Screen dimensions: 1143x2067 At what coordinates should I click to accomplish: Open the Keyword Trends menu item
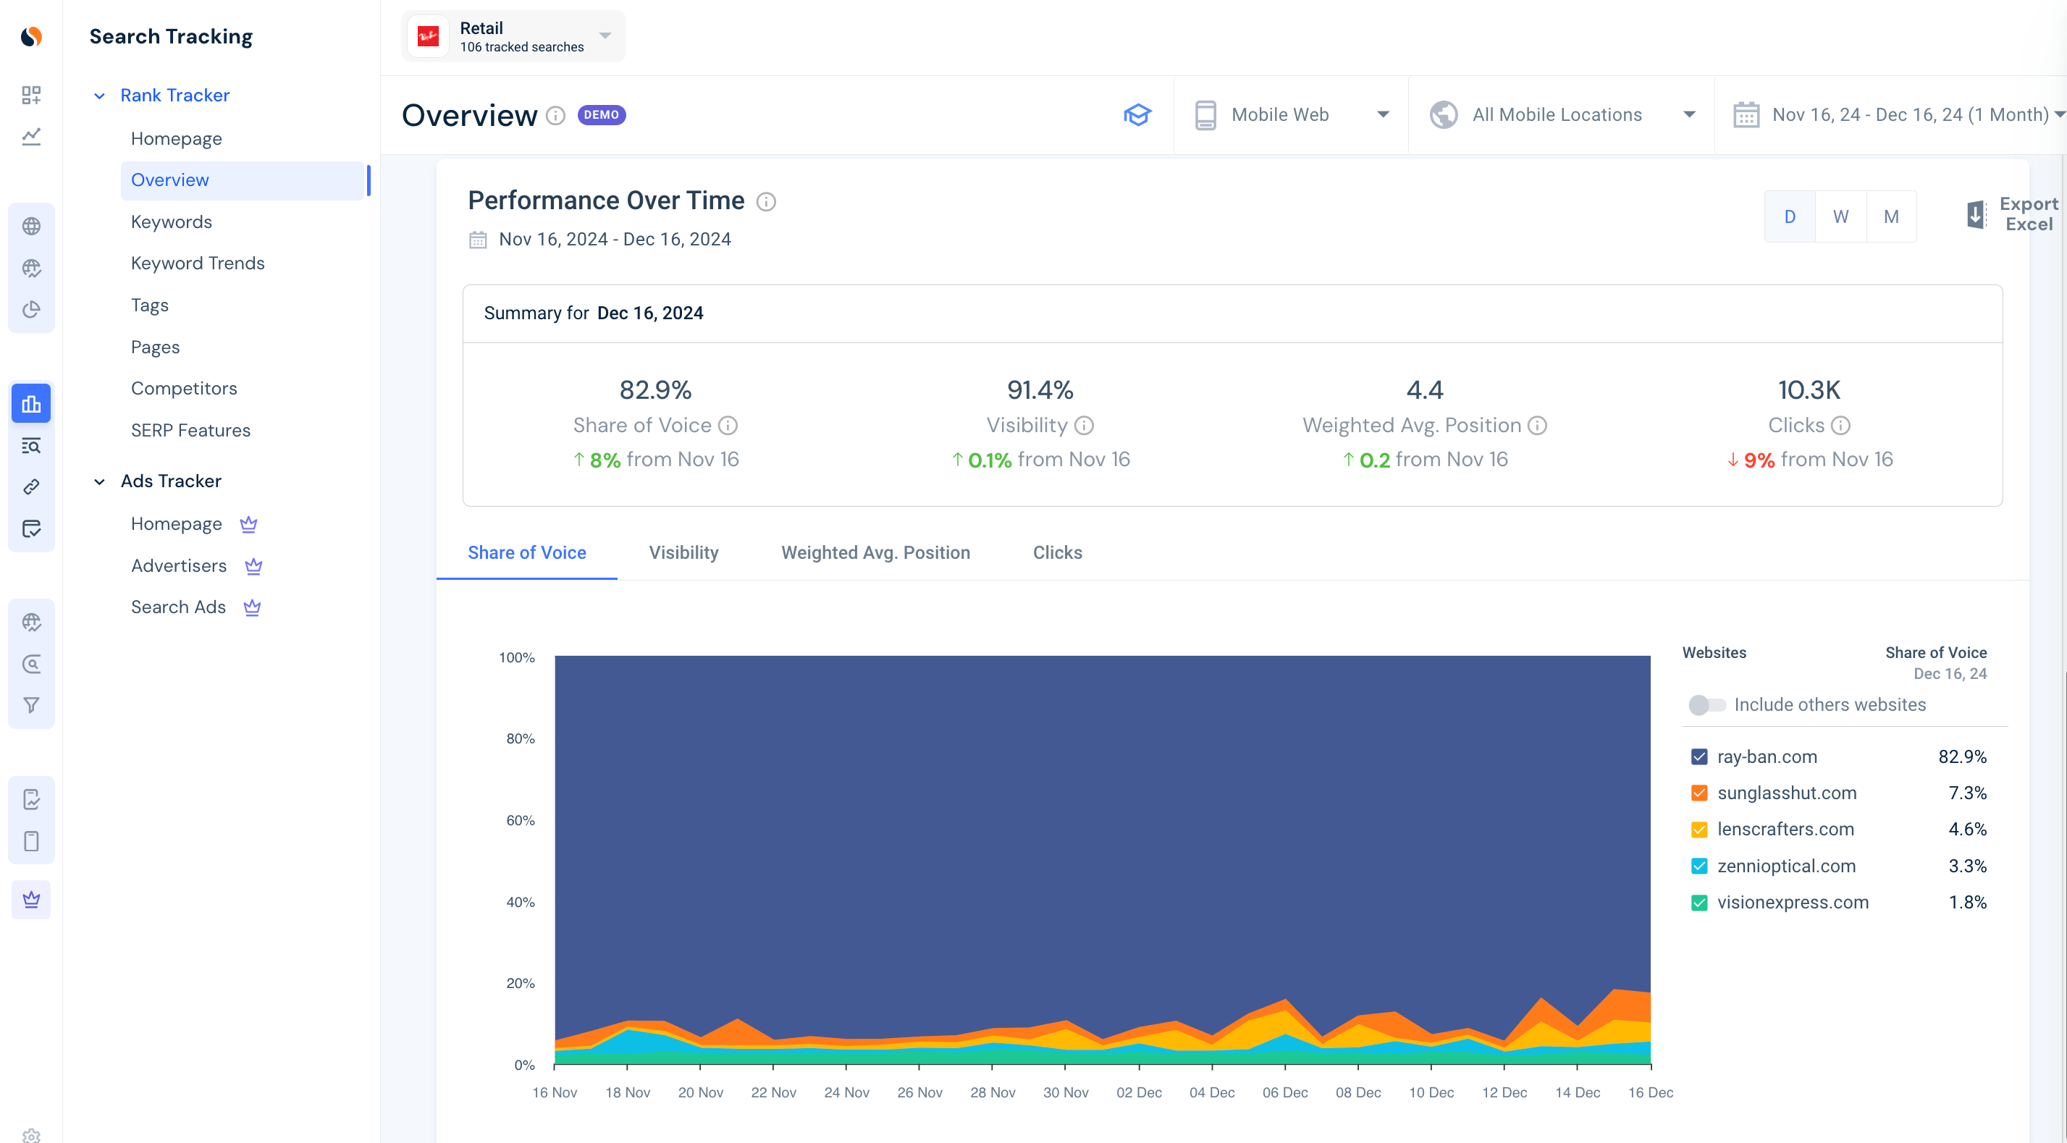click(198, 263)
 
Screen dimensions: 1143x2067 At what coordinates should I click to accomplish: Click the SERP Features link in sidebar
click(190, 430)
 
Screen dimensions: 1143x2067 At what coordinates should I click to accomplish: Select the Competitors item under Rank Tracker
click(184, 388)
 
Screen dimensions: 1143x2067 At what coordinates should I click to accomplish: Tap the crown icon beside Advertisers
click(253, 566)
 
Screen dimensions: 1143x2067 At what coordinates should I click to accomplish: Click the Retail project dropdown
click(513, 37)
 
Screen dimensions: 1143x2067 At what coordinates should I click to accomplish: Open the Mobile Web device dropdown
click(1291, 114)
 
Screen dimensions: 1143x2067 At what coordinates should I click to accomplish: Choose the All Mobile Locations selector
click(1561, 114)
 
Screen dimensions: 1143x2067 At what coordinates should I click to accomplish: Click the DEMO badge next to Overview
click(601, 114)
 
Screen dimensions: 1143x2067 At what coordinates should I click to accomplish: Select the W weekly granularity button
click(1840, 216)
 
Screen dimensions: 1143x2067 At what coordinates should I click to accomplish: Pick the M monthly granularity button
click(1890, 216)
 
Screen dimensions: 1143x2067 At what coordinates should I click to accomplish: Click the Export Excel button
click(2012, 214)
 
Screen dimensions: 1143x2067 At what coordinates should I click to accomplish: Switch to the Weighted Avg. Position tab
click(875, 552)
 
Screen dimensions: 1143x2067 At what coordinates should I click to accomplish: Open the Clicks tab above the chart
click(1057, 552)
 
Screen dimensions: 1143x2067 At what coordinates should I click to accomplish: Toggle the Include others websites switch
click(1706, 705)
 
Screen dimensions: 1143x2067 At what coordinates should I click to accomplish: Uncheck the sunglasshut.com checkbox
click(1698, 793)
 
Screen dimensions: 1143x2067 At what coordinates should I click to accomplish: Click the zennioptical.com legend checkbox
click(1698, 866)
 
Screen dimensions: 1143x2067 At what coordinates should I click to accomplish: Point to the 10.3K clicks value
click(1809, 390)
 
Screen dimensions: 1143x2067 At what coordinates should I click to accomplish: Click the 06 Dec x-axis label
click(1284, 1092)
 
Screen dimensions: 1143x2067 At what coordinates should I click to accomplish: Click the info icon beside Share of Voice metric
click(728, 425)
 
